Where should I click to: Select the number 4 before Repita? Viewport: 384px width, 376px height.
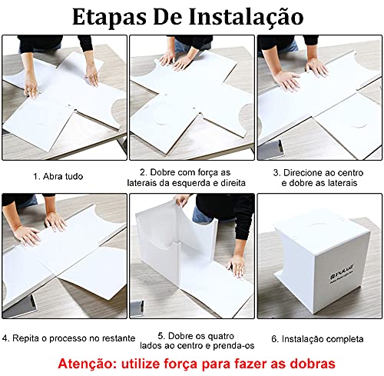coord(6,338)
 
